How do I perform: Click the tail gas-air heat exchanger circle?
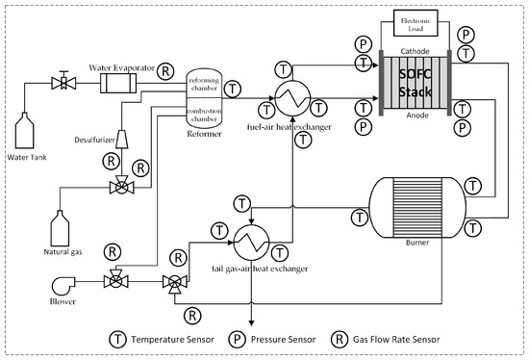click(x=249, y=243)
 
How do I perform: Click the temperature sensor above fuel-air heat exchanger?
click(x=282, y=67)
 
